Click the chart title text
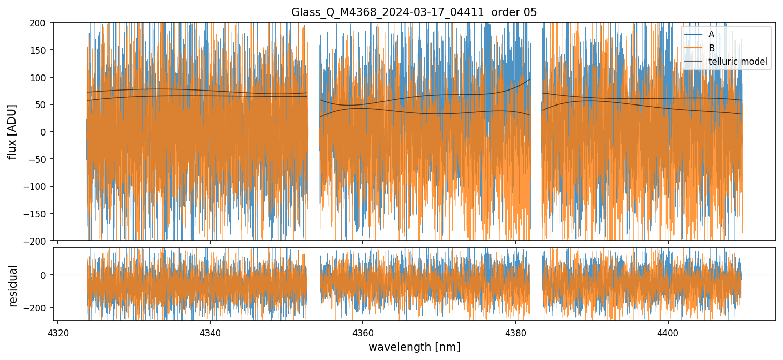414,12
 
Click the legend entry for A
711,34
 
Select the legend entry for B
711,48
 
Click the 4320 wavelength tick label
58,331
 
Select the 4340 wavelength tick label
210,331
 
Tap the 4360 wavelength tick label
363,331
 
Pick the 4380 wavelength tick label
515,331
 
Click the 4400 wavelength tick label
668,331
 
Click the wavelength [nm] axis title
414,347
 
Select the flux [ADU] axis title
12,131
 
